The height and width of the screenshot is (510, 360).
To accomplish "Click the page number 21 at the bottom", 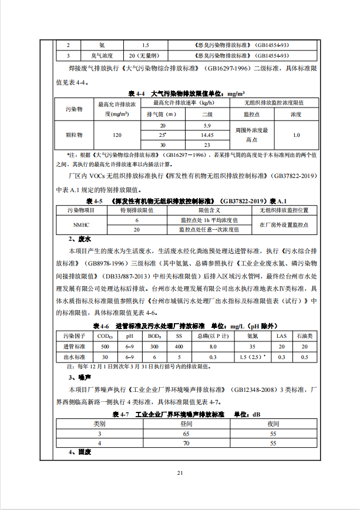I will [x=180, y=473].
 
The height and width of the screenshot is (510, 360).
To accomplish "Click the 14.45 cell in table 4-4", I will [x=207, y=135].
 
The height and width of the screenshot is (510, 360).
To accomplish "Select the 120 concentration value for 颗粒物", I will [x=117, y=135].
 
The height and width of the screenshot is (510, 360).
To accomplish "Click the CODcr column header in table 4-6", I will [x=106, y=336].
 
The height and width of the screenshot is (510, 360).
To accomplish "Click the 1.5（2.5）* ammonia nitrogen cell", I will [x=253, y=357].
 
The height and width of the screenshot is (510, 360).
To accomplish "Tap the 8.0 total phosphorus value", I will [x=213, y=347].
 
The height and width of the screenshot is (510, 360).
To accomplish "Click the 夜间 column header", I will [x=273, y=423].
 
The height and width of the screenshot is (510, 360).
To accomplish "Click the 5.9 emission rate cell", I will [x=207, y=126].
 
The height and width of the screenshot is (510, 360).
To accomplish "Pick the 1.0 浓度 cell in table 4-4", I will [x=296, y=135].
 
